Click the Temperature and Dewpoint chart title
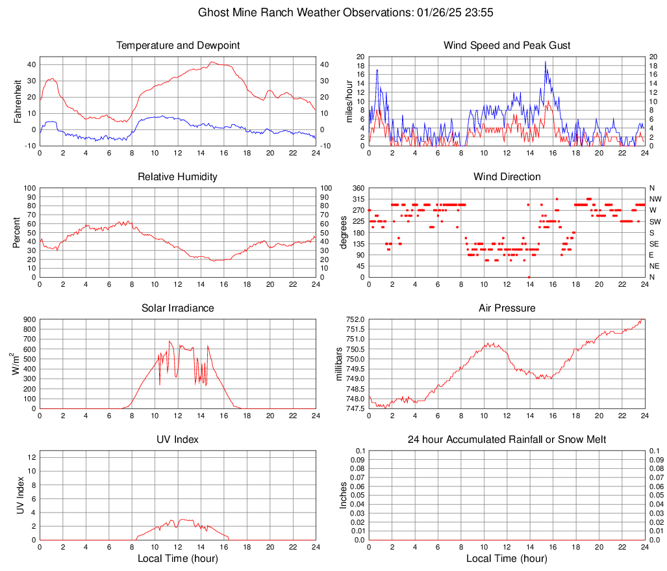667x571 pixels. [177, 46]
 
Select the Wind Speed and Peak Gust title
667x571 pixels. [507, 46]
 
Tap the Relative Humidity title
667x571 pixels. [177, 177]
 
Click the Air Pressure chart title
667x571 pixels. [507, 308]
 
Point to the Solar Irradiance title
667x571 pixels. [177, 308]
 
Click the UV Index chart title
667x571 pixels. [177, 440]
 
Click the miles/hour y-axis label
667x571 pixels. [349, 101]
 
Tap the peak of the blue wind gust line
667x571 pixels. [546, 62]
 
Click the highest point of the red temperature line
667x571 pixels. [211, 62]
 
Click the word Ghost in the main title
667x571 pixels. [213, 12]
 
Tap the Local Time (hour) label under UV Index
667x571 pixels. [177, 559]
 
